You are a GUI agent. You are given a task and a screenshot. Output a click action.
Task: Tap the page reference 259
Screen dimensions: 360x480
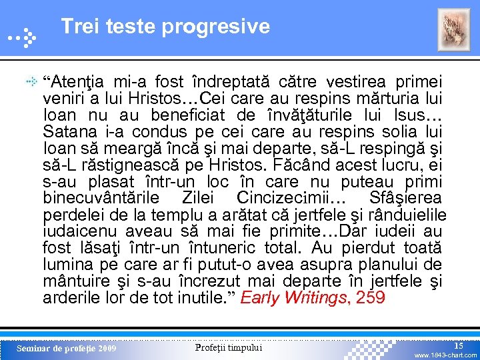[x=371, y=297]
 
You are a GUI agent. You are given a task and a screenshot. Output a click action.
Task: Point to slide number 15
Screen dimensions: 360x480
[x=459, y=345]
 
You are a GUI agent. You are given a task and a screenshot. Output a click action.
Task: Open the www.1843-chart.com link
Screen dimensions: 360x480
[x=445, y=355]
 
